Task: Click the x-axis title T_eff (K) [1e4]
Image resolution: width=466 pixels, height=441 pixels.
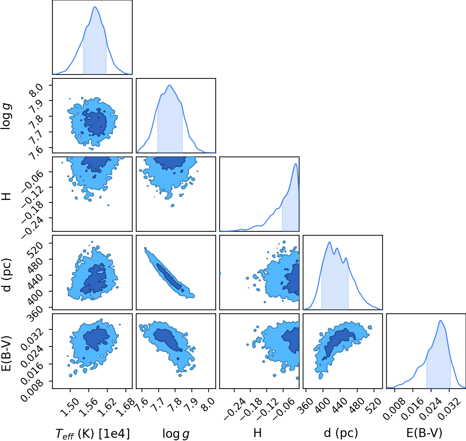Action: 93,434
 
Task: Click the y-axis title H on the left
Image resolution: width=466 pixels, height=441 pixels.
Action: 7,196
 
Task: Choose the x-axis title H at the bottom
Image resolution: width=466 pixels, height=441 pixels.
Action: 257,433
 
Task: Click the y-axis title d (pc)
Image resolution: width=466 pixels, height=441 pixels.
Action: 7,275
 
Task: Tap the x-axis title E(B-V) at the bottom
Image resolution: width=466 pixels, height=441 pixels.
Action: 424,433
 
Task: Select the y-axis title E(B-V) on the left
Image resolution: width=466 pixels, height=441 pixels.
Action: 7,353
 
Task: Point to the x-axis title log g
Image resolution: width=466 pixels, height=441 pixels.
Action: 176,434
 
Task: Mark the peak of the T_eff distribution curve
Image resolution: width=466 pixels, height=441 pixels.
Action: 95,7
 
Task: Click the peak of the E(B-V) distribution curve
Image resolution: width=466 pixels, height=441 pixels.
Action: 440,321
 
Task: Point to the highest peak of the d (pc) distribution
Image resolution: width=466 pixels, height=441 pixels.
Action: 329,242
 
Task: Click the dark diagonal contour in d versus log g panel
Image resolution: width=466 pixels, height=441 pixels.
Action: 169,276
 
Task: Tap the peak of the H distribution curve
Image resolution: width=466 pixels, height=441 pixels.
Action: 296,163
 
